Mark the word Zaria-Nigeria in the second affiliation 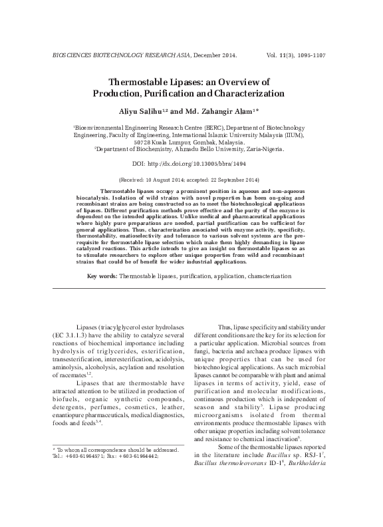(x=261, y=150)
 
